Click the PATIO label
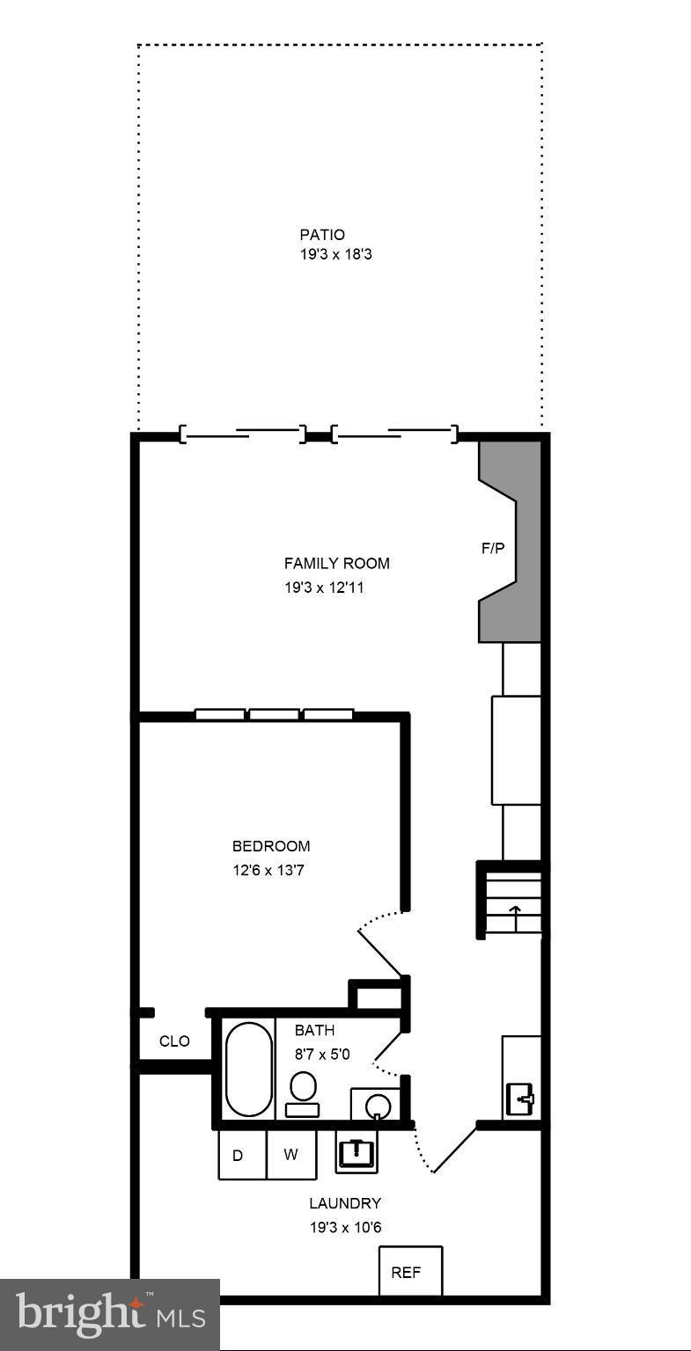322,235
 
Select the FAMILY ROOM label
336,564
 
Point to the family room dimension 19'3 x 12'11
324,588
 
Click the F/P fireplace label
493,549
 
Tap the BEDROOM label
271,846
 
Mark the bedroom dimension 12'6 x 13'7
268,871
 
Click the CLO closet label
174,1041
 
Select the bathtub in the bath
249,1069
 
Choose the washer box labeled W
291,1155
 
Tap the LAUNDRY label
345,1203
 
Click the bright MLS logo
110,1314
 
